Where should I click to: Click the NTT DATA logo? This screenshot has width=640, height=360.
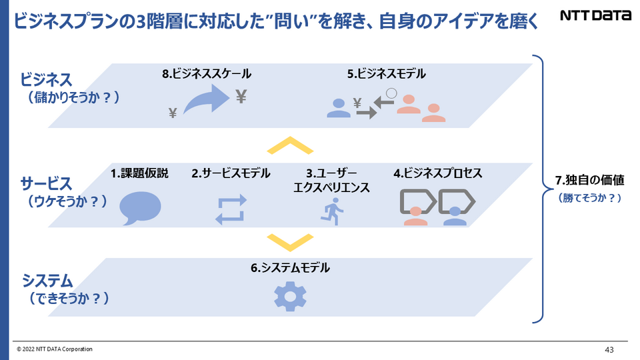[595, 15]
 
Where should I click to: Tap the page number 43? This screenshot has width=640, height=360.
[609, 349]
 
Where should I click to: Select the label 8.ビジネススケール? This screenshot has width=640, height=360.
[207, 74]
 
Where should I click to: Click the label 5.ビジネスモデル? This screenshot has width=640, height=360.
[386, 74]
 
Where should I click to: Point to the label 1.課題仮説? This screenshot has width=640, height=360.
[139, 173]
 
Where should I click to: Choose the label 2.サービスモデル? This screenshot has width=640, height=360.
[231, 173]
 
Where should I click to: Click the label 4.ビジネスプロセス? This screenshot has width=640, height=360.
[437, 173]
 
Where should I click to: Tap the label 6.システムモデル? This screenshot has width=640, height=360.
[290, 268]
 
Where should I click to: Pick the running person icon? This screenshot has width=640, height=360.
[332, 210]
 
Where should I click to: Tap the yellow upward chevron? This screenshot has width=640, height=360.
[289, 145]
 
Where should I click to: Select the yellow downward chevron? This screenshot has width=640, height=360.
[289, 239]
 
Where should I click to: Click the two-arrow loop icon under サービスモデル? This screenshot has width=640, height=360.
[231, 209]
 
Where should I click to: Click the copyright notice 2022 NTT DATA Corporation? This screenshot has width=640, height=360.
[55, 349]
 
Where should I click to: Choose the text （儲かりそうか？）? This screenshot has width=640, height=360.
[74, 97]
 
